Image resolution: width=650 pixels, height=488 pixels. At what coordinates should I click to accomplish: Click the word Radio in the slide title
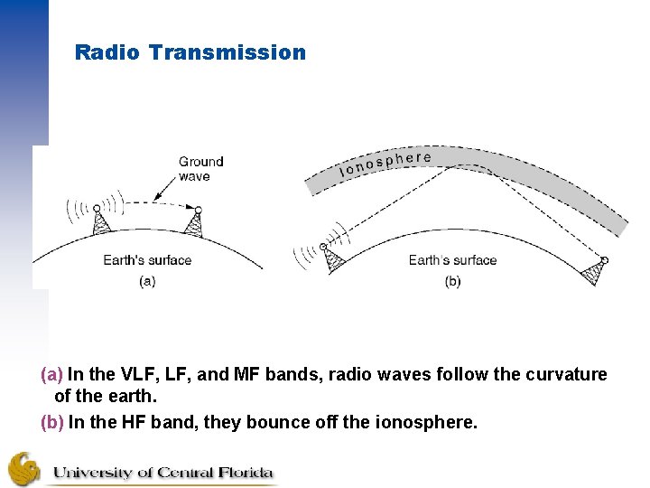tap(107, 52)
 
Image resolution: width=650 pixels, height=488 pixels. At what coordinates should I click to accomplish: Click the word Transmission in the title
tap(227, 52)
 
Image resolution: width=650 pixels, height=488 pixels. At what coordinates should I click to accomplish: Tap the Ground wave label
tap(200, 169)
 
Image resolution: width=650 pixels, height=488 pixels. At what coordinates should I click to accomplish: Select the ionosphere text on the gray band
tap(385, 164)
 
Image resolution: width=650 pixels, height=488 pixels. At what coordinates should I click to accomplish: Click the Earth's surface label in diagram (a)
tap(147, 260)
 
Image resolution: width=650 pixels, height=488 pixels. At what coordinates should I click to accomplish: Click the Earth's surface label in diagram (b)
tap(452, 260)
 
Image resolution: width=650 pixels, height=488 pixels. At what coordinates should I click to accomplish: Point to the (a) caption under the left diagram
tap(147, 281)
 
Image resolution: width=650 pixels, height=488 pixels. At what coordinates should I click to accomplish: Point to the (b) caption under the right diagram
tap(452, 281)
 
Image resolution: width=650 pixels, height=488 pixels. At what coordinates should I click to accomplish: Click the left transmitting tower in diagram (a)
tap(100, 221)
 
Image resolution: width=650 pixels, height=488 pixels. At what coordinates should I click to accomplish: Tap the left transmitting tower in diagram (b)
tap(332, 258)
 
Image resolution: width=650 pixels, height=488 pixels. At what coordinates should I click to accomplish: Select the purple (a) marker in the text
tap(51, 374)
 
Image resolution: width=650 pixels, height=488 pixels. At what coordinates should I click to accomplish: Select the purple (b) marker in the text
tap(51, 421)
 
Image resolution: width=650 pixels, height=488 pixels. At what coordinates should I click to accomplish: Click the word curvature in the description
tap(567, 374)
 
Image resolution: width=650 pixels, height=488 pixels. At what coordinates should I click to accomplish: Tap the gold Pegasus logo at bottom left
tap(24, 468)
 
